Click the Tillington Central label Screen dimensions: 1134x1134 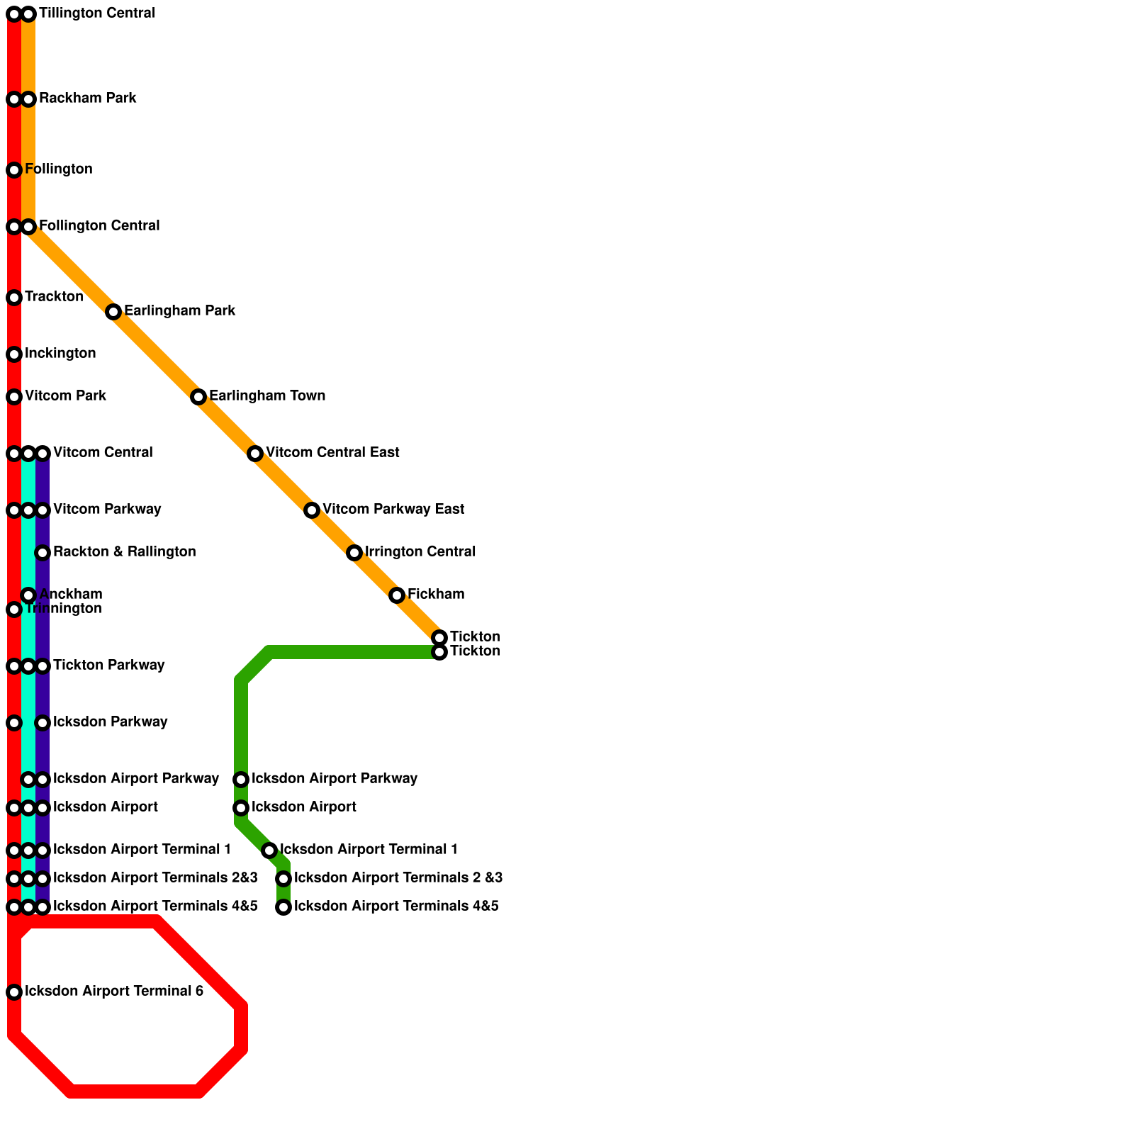[96, 13]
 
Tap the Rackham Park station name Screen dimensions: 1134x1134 [87, 99]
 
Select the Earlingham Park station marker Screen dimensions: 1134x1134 [113, 312]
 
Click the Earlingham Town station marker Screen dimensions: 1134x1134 [198, 397]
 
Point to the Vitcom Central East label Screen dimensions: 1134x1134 [332, 453]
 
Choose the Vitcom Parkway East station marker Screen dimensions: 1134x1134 [312, 510]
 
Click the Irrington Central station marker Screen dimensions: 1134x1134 [354, 553]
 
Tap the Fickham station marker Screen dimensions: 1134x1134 [397, 595]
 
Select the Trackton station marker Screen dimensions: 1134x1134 [14, 298]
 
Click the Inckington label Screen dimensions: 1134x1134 [60, 354]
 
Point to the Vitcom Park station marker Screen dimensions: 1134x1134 [14, 397]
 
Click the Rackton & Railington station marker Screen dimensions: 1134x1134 [43, 553]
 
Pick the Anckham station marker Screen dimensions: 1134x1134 [28, 595]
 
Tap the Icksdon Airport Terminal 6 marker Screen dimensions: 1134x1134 [14, 992]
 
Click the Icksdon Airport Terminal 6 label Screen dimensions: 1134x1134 [114, 992]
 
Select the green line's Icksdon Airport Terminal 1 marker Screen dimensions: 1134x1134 [269, 850]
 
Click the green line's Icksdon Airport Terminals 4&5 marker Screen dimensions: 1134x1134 [283, 907]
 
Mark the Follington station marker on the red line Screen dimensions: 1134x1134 [14, 170]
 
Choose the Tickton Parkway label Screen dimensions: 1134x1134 [108, 666]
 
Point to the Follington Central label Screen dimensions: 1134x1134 [99, 226]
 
